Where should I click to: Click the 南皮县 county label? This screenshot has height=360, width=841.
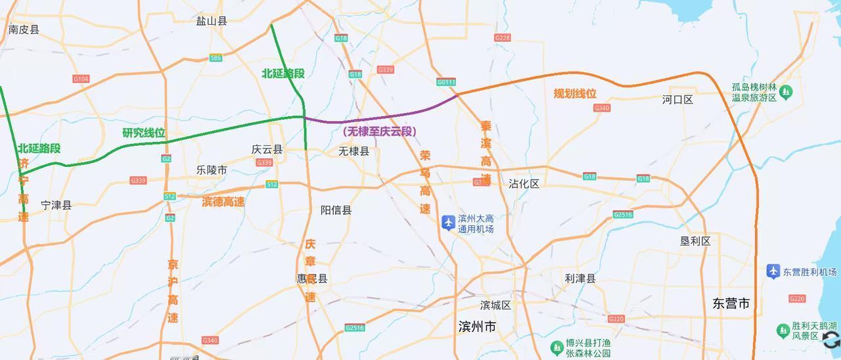(x=24, y=30)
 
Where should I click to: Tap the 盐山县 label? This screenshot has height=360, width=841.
(x=212, y=21)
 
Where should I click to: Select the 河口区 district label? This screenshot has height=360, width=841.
(x=678, y=100)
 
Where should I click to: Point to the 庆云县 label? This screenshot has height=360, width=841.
(x=267, y=149)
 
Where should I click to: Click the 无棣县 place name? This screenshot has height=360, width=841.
(x=354, y=151)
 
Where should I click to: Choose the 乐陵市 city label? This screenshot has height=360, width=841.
(x=212, y=169)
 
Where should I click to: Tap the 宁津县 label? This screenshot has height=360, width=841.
(x=56, y=205)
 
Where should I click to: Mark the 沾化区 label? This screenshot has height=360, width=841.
(x=524, y=184)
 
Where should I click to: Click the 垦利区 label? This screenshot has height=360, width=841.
(x=695, y=241)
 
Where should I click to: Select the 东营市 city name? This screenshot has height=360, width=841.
(x=731, y=304)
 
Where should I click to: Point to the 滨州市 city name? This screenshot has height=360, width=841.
(x=477, y=326)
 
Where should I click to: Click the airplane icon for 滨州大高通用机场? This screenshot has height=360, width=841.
(x=449, y=223)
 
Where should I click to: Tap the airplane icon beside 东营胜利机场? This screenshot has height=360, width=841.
(x=773, y=271)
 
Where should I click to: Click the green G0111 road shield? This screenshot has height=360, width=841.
(x=446, y=82)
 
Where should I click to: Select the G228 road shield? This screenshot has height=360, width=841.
(x=503, y=38)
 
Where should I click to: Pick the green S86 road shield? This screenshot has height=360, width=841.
(x=216, y=58)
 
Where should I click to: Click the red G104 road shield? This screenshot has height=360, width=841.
(x=81, y=79)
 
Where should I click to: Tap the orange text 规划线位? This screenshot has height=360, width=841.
(x=575, y=93)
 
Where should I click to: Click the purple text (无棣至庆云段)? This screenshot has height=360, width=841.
(x=380, y=131)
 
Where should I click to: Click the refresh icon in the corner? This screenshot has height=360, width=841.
(x=831, y=340)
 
